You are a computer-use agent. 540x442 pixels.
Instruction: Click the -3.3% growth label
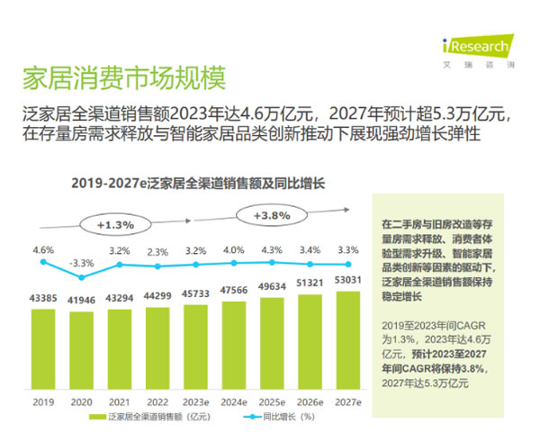point(81,262)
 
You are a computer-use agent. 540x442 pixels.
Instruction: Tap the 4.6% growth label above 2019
point(43,249)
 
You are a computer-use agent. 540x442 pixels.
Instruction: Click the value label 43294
point(120,298)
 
